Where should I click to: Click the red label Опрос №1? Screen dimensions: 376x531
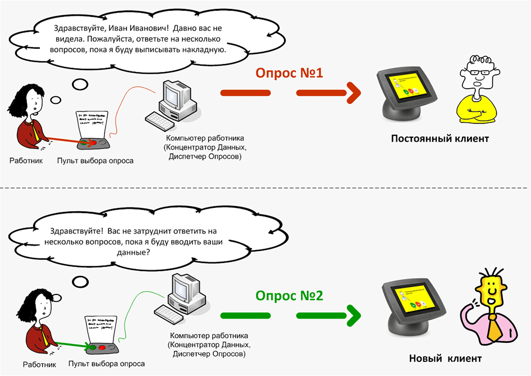click(289, 73)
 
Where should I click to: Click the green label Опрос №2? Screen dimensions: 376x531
click(289, 296)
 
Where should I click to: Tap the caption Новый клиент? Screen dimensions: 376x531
click(445, 358)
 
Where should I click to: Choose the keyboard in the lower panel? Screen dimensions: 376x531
click(169, 314)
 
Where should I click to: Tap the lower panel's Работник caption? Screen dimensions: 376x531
click(40, 365)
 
